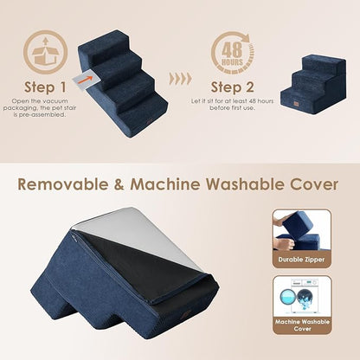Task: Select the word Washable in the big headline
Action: [235, 183]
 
